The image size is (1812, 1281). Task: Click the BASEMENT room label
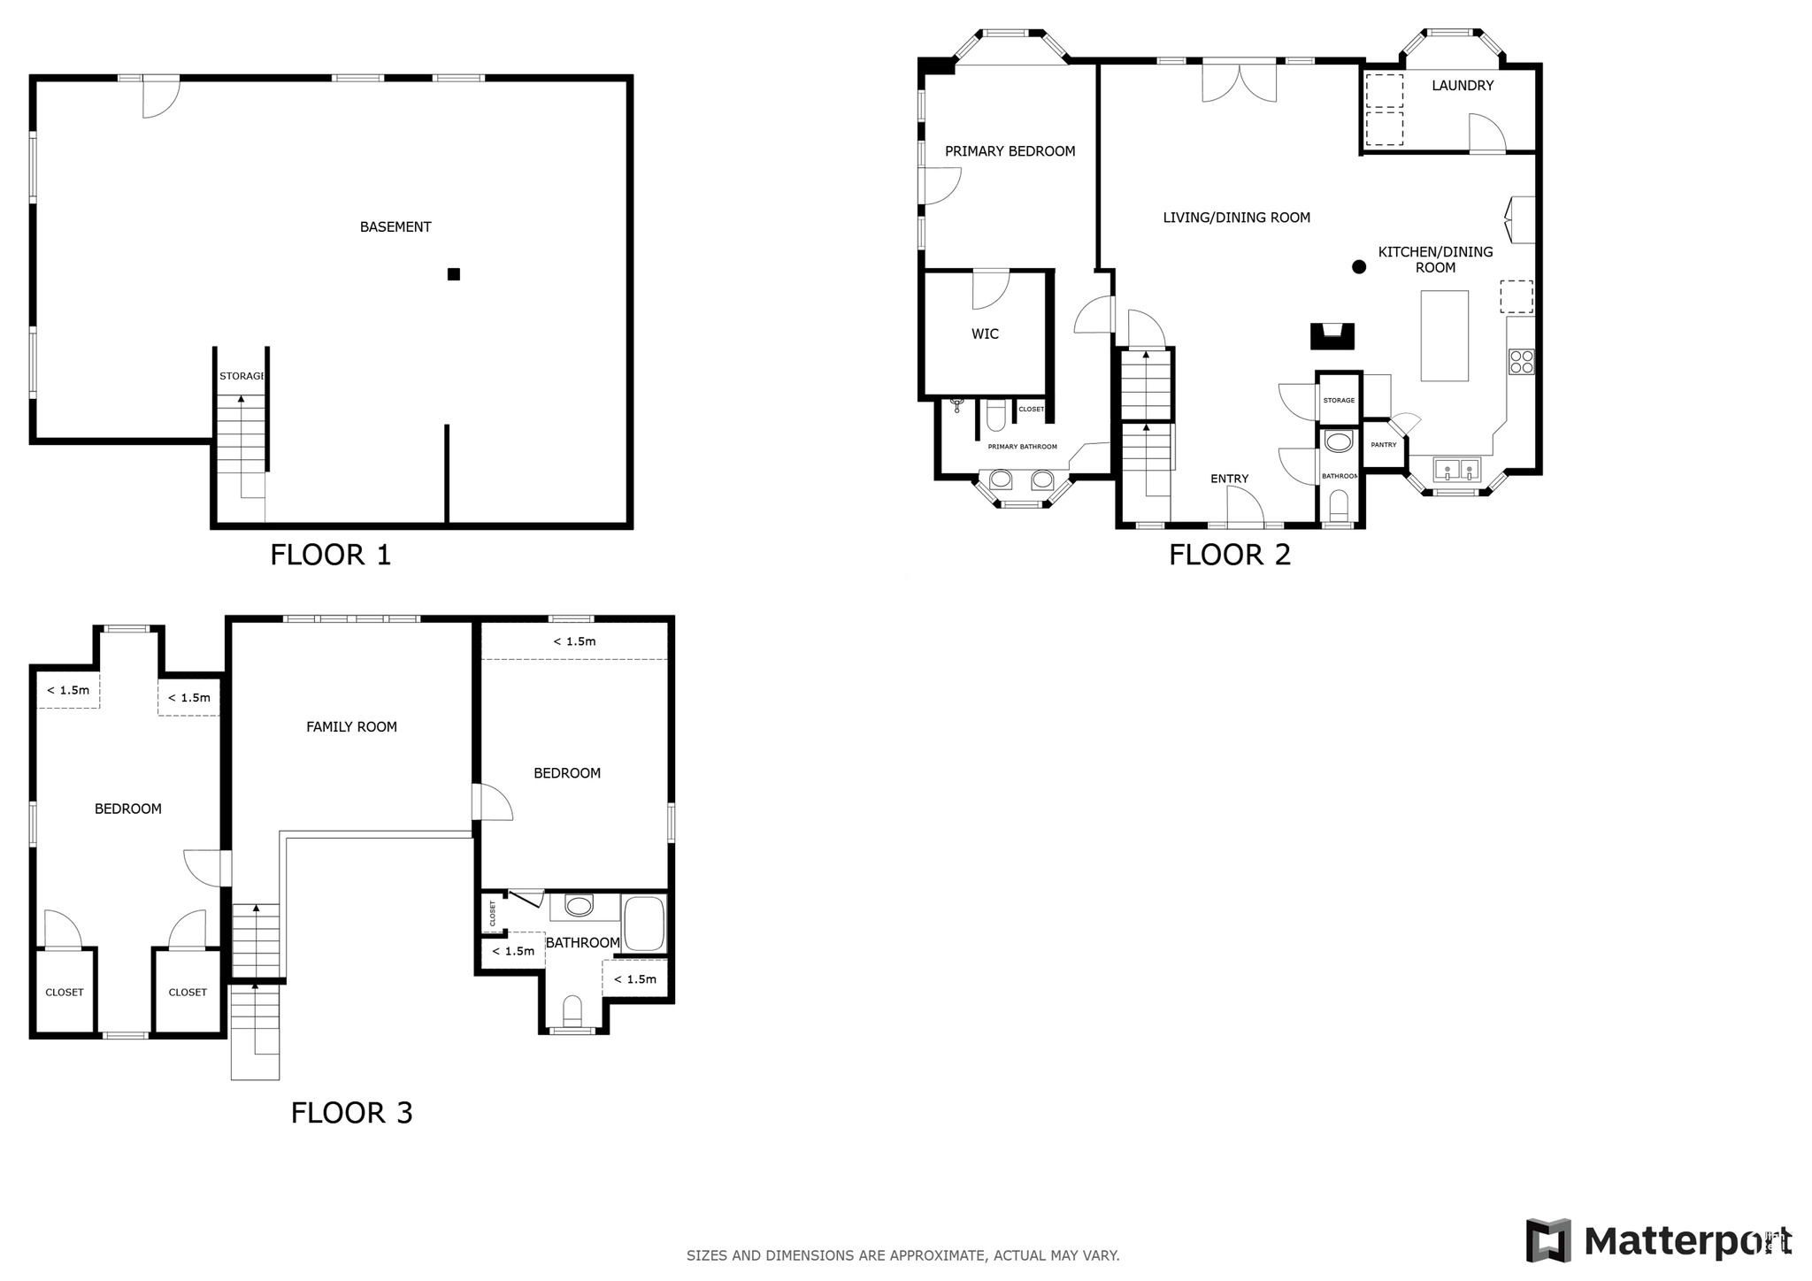[x=395, y=227]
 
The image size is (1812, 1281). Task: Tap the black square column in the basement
[x=454, y=274]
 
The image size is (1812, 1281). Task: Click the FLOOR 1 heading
[x=330, y=555]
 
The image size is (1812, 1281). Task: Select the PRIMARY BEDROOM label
[x=1010, y=151]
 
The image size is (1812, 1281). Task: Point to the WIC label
[x=985, y=334]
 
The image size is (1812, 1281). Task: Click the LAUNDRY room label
[x=1463, y=86]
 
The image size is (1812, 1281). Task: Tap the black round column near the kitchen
[x=1359, y=267]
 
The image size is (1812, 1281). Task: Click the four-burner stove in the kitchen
[x=1522, y=361]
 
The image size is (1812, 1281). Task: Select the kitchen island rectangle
[x=1444, y=335]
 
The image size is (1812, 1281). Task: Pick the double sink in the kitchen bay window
[x=1457, y=469]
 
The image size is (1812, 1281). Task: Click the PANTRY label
[x=1383, y=445]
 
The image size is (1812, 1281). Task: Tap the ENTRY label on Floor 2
[x=1229, y=479]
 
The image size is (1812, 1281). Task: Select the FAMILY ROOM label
[x=351, y=727]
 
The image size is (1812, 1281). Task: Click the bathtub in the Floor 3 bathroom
[x=643, y=924]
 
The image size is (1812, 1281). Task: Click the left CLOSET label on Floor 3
[x=65, y=993]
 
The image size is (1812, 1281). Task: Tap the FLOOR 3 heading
[x=351, y=1112]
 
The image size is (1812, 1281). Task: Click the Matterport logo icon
[x=1547, y=1240]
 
